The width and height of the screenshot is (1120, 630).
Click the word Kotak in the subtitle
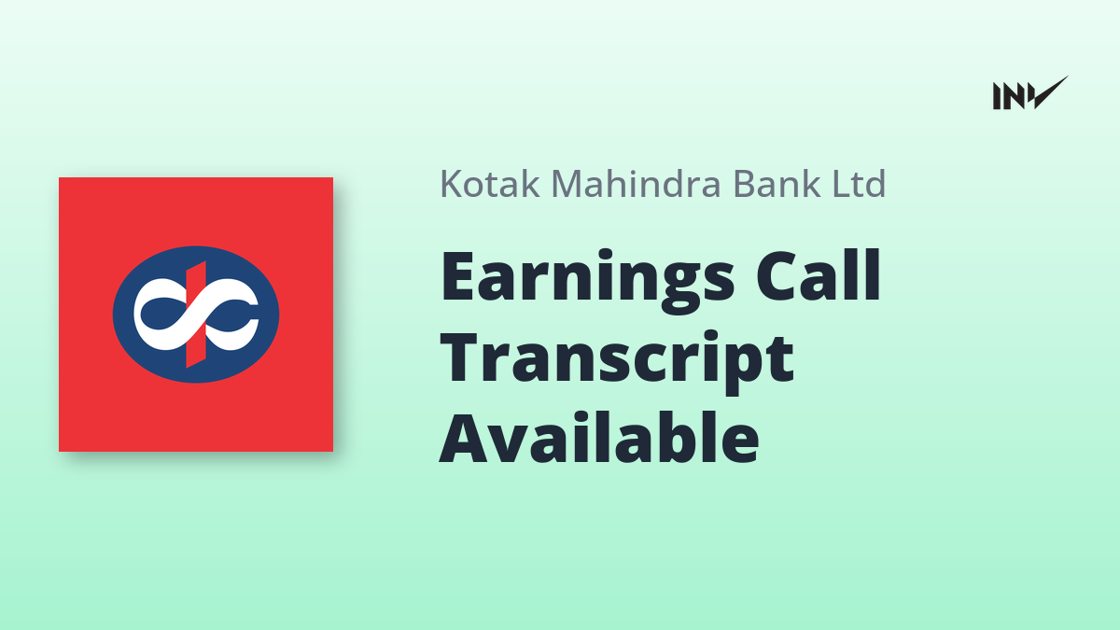tap(490, 184)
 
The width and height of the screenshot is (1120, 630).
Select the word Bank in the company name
tap(777, 184)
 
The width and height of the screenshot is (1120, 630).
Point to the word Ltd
tap(859, 184)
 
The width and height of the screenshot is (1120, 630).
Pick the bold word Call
tap(818, 274)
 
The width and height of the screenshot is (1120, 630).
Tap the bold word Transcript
tap(617, 362)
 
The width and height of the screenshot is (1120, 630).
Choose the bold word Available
tap(599, 436)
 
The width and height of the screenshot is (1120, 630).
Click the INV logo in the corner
tap(1030, 93)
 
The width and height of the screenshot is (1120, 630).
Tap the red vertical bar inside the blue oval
tap(196, 314)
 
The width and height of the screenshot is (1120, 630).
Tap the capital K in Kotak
tap(452, 184)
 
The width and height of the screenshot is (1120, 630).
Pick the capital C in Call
tap(778, 275)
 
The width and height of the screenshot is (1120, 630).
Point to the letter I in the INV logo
tap(997, 96)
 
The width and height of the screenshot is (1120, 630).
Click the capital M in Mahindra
tap(568, 184)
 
